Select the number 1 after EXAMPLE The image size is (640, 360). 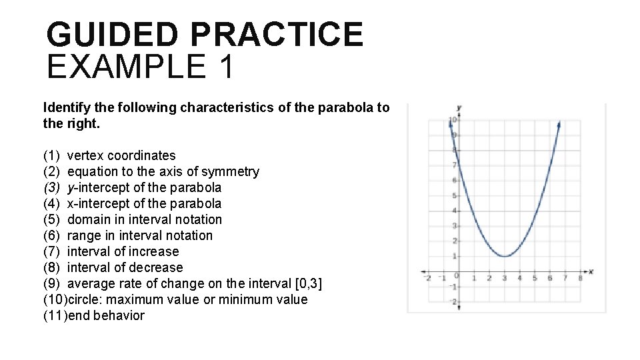pyautogui.click(x=225, y=67)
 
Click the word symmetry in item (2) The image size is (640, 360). pyautogui.click(x=233, y=171)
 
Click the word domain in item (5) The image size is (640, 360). pyautogui.click(x=90, y=219)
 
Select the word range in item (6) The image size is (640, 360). pyautogui.click(x=84, y=235)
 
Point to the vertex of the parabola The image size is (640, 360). pyautogui.click(x=505, y=256)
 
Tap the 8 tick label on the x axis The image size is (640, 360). pyautogui.click(x=580, y=278)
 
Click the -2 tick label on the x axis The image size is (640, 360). pyautogui.click(x=427, y=278)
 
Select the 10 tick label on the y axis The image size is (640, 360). pyautogui.click(x=451, y=121)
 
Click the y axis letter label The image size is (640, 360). pyautogui.click(x=459, y=107)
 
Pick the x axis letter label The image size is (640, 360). pyautogui.click(x=591, y=271)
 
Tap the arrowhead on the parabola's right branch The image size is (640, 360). pyautogui.click(x=559, y=123)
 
